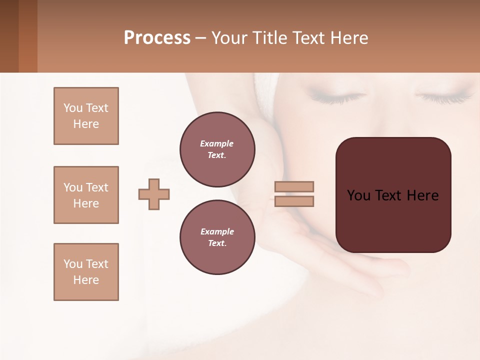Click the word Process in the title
click(x=157, y=38)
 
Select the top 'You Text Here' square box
click(x=86, y=116)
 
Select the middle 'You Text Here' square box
click(x=86, y=195)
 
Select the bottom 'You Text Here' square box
click(x=86, y=272)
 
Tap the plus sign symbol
click(x=154, y=194)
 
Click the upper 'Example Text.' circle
click(x=217, y=149)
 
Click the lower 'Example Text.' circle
click(x=217, y=237)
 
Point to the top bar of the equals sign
click(x=294, y=187)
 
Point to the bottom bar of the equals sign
click(x=294, y=201)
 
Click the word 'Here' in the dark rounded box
click(x=422, y=195)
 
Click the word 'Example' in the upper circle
click(x=217, y=143)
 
